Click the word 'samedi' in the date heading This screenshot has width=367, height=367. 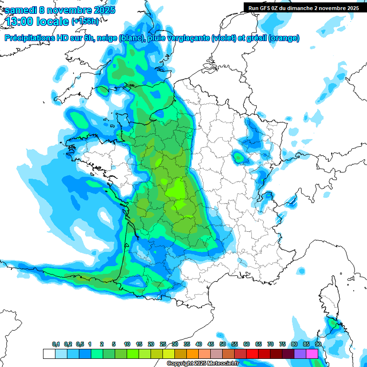pos(22,10)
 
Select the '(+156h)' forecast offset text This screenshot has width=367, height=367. pos(85,21)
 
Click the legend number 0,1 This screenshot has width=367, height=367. pos(56,345)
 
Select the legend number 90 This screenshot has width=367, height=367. pos(318,345)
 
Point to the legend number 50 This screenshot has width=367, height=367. pos(223,345)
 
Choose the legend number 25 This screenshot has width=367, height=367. pos(163,345)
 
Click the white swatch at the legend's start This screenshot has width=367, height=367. pos(49,354)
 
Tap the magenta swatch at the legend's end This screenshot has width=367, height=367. pos(312,354)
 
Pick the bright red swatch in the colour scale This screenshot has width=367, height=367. pos(252,354)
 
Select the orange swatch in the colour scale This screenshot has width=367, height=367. pos(193,354)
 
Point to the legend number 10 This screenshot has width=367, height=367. pos(127,345)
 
